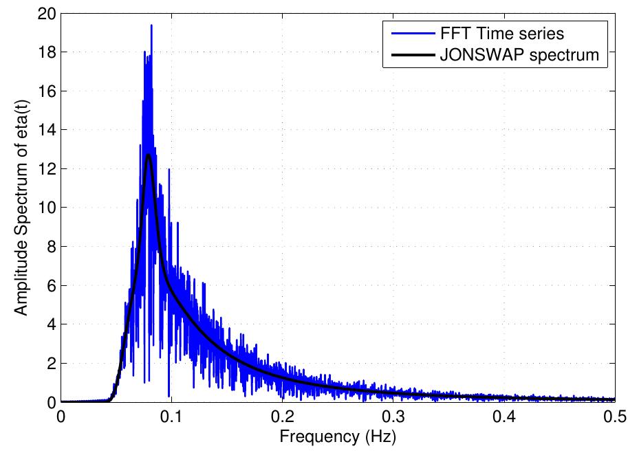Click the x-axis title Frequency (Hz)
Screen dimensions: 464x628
[x=338, y=437]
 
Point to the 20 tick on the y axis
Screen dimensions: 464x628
[x=47, y=13]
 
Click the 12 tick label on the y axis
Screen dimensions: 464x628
[x=47, y=168]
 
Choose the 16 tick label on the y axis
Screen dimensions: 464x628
[x=47, y=91]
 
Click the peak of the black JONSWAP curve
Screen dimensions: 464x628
[x=149, y=155]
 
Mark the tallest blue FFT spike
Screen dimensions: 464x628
[x=151, y=25]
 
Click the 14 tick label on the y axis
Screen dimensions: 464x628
[x=47, y=130]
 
